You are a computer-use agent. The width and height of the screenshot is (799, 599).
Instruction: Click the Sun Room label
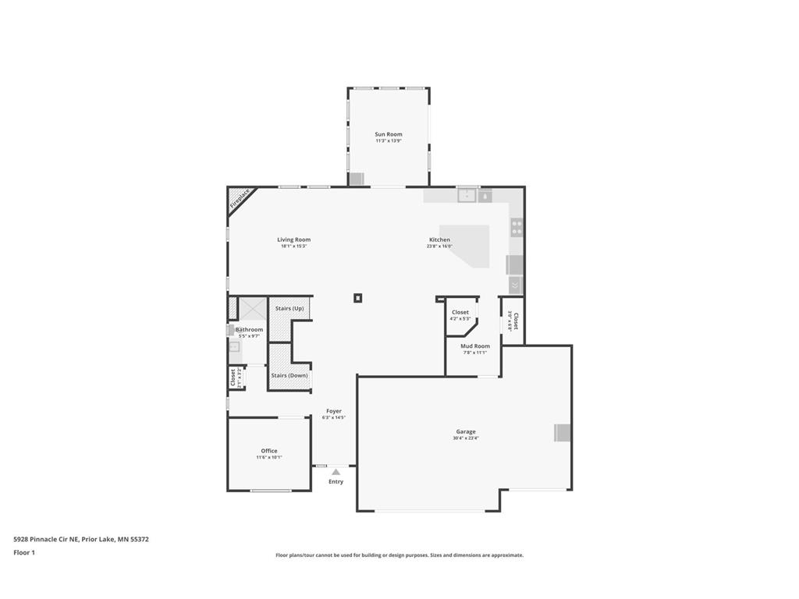pyautogui.click(x=388, y=134)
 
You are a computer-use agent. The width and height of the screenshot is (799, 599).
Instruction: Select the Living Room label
pyautogui.click(x=293, y=239)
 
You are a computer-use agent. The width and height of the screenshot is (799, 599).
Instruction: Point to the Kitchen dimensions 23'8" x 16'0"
pyautogui.click(x=439, y=246)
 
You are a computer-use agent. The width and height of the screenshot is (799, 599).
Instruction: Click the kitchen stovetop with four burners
pyautogui.click(x=517, y=227)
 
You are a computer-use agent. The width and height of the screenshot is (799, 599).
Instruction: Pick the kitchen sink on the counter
pyautogui.click(x=467, y=195)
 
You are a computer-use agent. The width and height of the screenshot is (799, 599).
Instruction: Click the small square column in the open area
pyautogui.click(x=358, y=297)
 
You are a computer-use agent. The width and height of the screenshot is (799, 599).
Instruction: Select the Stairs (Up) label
pyautogui.click(x=289, y=308)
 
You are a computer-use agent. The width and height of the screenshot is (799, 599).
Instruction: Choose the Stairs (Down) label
pyautogui.click(x=289, y=375)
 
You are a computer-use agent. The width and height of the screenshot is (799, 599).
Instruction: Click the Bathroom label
pyautogui.click(x=249, y=329)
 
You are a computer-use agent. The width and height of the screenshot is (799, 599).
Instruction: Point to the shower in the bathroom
pyautogui.click(x=252, y=309)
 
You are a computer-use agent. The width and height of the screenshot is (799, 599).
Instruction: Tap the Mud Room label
pyautogui.click(x=474, y=346)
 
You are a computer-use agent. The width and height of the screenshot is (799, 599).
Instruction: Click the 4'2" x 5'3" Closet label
pyautogui.click(x=460, y=315)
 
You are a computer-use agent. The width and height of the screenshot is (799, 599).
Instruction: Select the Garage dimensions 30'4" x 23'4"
pyautogui.click(x=466, y=438)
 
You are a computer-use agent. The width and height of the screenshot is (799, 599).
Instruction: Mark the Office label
pyautogui.click(x=269, y=451)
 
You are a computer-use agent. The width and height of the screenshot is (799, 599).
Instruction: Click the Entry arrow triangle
pyautogui.click(x=336, y=472)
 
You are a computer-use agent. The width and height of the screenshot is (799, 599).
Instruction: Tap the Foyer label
pyautogui.click(x=334, y=411)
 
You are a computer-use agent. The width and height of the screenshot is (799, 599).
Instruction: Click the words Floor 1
pyautogui.click(x=24, y=552)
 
